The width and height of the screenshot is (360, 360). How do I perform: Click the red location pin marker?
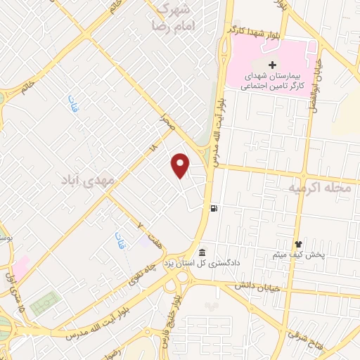tap(181, 165)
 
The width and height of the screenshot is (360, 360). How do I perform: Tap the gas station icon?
tap(213, 207)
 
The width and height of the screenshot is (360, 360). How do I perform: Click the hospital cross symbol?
tap(272, 65)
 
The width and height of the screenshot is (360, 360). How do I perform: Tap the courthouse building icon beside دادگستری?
tap(202, 252)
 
